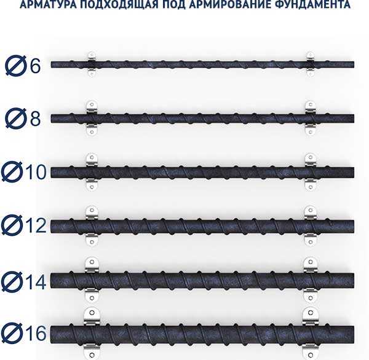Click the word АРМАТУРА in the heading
48,4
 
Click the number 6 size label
35,66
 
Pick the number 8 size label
35,119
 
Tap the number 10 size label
36,171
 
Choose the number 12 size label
36,225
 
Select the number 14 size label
36,282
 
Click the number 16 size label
36,333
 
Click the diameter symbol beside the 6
15,66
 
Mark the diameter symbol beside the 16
12,333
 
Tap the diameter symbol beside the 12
12,225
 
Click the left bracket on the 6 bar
92,64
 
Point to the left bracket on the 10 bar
92,172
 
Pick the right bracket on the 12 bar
310,225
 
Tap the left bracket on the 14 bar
92,280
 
